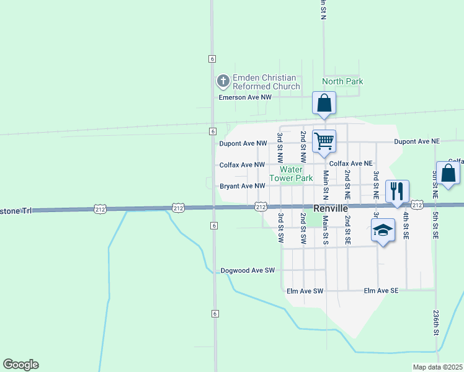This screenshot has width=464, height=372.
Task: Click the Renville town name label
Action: tap(331, 209)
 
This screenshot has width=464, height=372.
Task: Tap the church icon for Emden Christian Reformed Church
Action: tap(222, 81)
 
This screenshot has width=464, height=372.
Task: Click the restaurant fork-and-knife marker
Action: tap(397, 190)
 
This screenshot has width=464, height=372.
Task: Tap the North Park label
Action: tap(342, 81)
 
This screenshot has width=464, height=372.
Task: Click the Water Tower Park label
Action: tap(296, 174)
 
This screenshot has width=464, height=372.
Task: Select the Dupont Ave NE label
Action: tap(416, 142)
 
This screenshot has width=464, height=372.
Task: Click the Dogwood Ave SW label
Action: tap(248, 271)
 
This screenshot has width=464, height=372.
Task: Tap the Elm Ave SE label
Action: tap(381, 291)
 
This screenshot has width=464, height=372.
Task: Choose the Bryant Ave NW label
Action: tap(243, 186)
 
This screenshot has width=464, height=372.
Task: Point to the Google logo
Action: tap(20, 365)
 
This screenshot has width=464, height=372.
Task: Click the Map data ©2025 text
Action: tap(438, 367)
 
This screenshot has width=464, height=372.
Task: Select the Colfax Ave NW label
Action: tap(242, 165)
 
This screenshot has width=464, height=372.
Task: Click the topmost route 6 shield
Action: tap(212, 58)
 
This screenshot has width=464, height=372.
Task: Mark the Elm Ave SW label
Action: tap(305, 291)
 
